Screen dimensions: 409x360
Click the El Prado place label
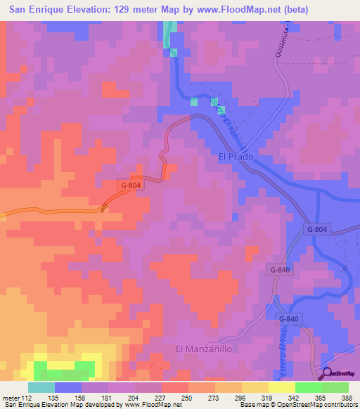pos(231,157)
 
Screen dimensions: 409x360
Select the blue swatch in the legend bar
pos(67,387)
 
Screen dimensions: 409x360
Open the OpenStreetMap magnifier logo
pos(328,372)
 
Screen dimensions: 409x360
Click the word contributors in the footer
pos(338,405)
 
